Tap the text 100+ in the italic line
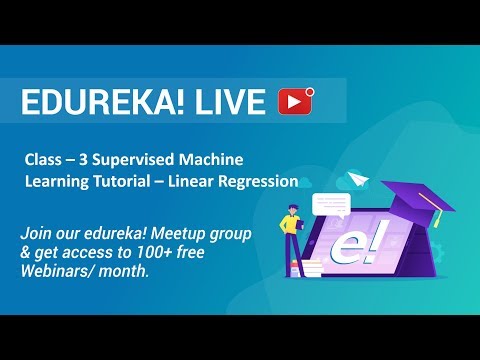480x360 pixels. tap(164, 253)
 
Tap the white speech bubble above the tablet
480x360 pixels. tap(329, 205)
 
